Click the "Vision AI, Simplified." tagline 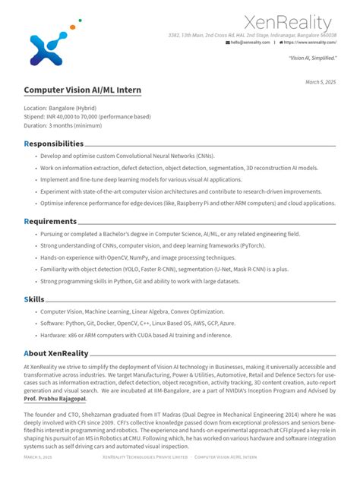tap(311, 58)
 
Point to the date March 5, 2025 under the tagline tap(320, 81)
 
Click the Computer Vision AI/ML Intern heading tap(82, 90)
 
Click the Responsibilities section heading tap(54, 144)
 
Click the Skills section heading tap(35, 299)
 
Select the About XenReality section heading tap(56, 353)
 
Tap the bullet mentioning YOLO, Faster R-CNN tap(164, 269)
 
